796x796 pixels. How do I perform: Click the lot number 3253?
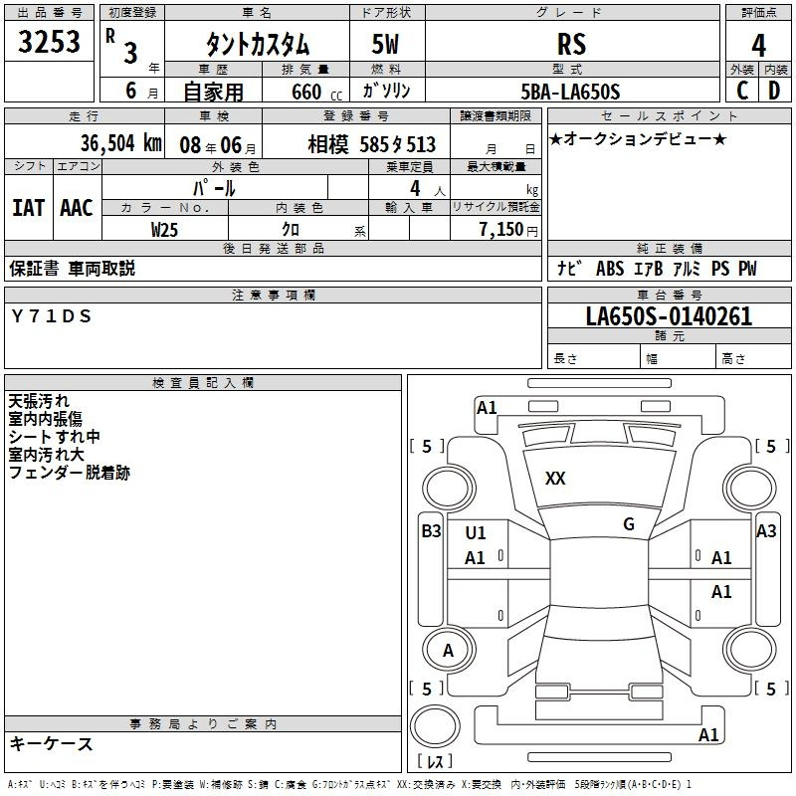(49, 41)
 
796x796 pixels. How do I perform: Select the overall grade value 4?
(758, 45)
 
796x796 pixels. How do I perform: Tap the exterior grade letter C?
(742, 91)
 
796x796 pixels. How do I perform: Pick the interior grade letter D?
(774, 91)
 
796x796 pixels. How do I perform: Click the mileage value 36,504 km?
(120, 143)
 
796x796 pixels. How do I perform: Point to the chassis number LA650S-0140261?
(669, 316)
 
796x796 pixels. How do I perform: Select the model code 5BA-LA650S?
(570, 92)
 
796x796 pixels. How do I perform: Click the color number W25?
(164, 230)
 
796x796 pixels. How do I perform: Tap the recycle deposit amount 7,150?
(501, 229)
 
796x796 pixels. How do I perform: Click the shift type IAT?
(28, 208)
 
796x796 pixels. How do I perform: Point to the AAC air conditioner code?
(77, 208)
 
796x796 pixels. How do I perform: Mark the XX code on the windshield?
(555, 479)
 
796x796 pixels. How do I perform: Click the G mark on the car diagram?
(629, 524)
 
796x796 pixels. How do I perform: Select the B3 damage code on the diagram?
(431, 531)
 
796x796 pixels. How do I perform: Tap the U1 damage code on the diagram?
(476, 533)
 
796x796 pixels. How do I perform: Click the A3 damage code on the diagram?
(766, 531)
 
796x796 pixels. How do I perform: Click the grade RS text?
(571, 44)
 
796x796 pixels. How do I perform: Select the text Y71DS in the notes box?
(52, 316)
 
